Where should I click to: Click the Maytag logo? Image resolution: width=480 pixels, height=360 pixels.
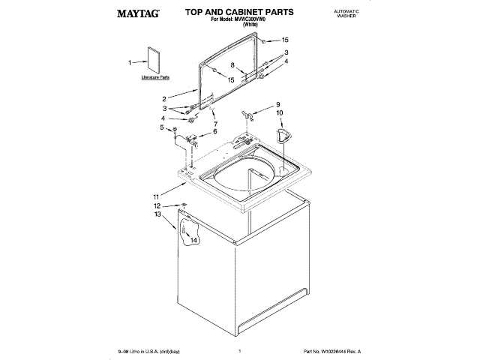136,13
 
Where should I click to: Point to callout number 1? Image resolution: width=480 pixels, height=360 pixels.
130,63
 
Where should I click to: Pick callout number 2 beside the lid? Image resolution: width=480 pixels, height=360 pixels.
164,99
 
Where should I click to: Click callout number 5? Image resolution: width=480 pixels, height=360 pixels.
162,128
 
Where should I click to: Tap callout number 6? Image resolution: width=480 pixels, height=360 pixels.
215,131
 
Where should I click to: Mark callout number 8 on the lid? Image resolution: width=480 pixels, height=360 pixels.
232,65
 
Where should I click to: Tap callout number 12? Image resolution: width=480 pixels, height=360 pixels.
157,205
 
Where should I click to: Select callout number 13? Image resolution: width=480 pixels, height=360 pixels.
157,214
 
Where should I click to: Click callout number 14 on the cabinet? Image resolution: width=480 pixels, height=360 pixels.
194,241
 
